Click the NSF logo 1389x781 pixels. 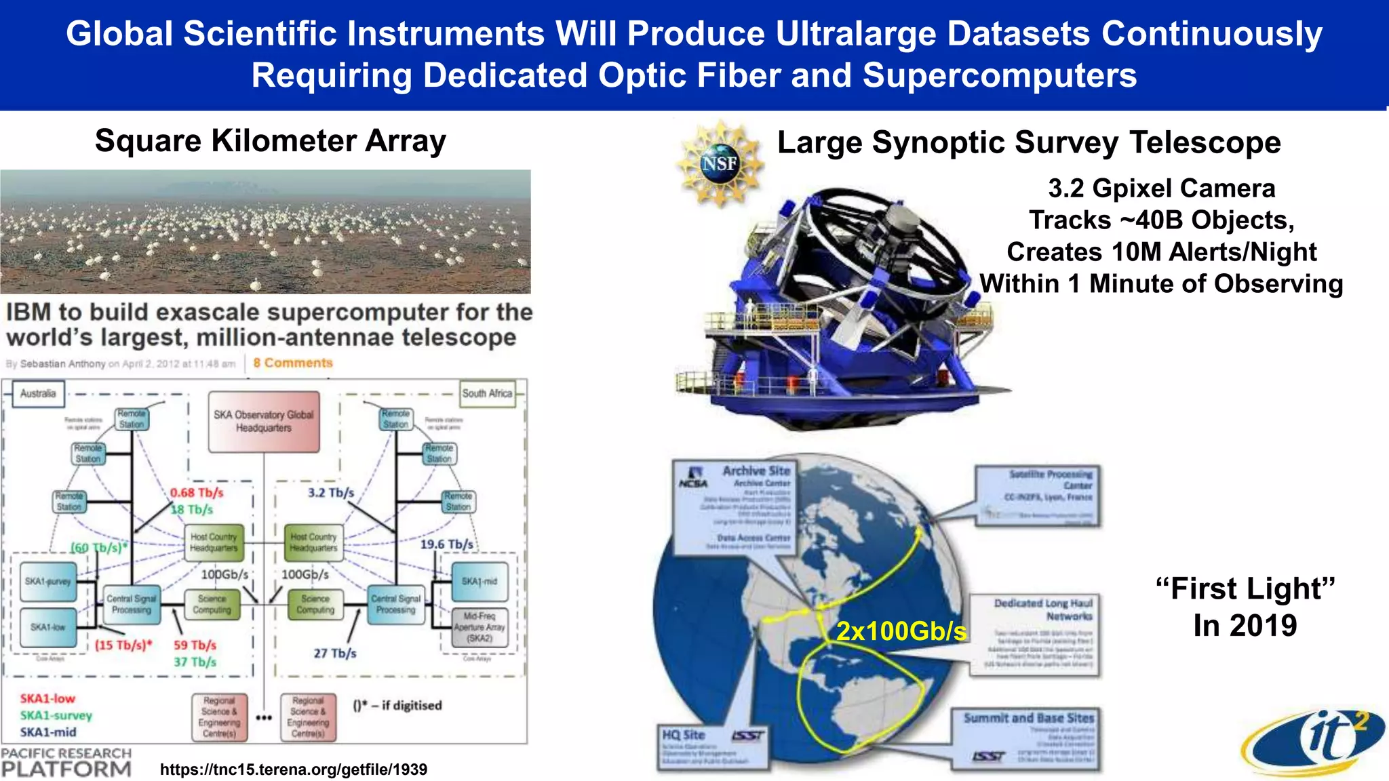[720, 163]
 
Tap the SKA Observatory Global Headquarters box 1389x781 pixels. [264, 421]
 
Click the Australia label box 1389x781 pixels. [38, 393]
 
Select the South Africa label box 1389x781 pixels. [487, 393]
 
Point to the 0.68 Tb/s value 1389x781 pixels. [197, 493]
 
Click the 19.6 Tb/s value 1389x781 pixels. [446, 544]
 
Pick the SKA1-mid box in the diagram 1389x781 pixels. [480, 582]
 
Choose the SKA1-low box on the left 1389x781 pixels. [47, 627]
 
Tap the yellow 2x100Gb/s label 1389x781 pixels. [901, 631]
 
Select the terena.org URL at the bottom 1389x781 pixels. [294, 769]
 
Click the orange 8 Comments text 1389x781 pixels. [293, 363]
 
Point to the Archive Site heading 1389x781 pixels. [756, 470]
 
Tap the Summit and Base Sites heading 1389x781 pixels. [1028, 717]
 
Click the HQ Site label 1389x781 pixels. [684, 735]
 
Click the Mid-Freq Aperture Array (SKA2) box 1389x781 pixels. [480, 627]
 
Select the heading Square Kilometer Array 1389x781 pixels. [271, 141]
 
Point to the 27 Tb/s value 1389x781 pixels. [335, 654]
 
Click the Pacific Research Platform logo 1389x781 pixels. [66, 763]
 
